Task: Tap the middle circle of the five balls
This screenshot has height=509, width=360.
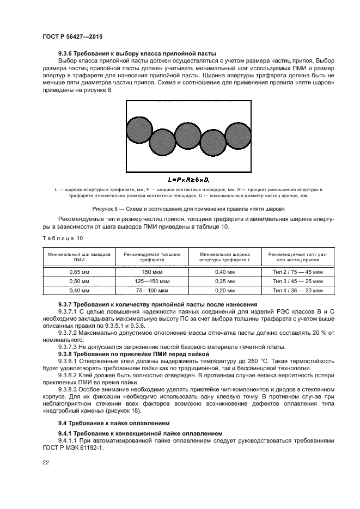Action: (x=188, y=136)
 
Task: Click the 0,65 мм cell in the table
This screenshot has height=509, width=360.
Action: (x=80, y=271)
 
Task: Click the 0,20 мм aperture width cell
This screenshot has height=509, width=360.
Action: (x=224, y=290)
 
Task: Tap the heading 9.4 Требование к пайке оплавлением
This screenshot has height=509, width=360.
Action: (x=111, y=422)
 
